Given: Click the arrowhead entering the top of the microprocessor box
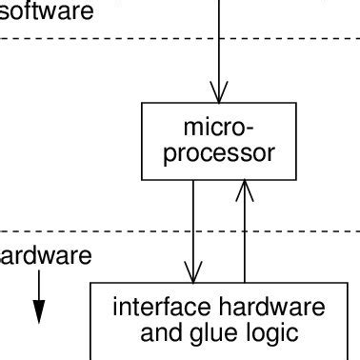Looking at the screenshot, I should (219, 92).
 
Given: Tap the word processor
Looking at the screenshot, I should (219, 152).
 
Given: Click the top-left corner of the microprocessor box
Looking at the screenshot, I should (142, 104).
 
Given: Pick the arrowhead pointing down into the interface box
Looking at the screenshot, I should (193, 273).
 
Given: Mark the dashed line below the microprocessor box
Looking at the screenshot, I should (95, 230).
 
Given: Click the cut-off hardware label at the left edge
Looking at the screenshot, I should (45, 256).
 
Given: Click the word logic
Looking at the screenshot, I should (272, 334).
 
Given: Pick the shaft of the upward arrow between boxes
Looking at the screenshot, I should (245, 238).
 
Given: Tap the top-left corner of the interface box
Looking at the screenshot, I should (91, 283).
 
